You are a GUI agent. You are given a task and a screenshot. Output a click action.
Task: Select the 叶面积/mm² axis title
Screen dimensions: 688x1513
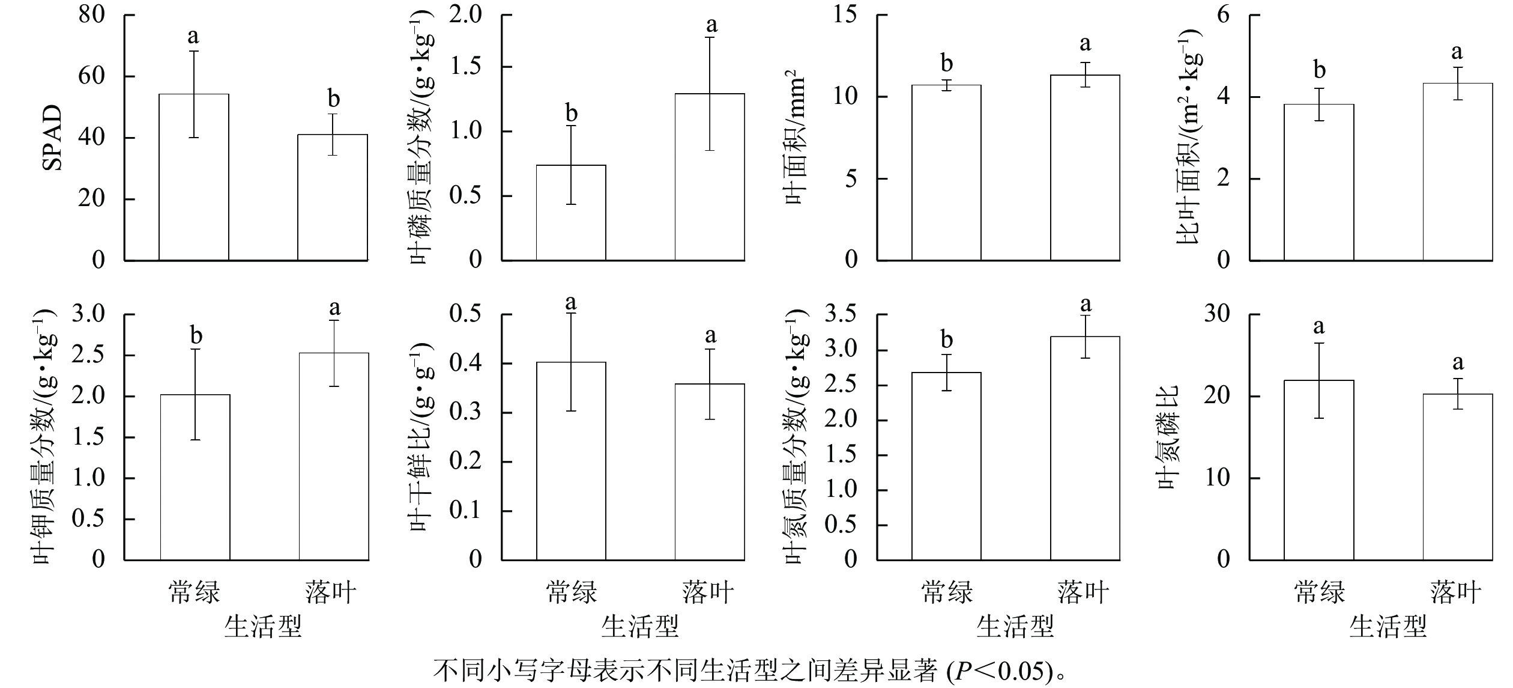click(x=795, y=138)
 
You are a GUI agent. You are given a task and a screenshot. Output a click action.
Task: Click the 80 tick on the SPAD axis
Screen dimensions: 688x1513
click(x=91, y=15)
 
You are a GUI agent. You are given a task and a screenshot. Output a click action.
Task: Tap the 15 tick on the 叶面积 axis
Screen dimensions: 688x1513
click(x=845, y=15)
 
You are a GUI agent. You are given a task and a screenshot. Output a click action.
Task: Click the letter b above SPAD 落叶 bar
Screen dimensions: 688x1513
click(x=333, y=99)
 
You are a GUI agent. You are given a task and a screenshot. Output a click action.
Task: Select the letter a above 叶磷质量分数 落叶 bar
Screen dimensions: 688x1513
click(x=711, y=25)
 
